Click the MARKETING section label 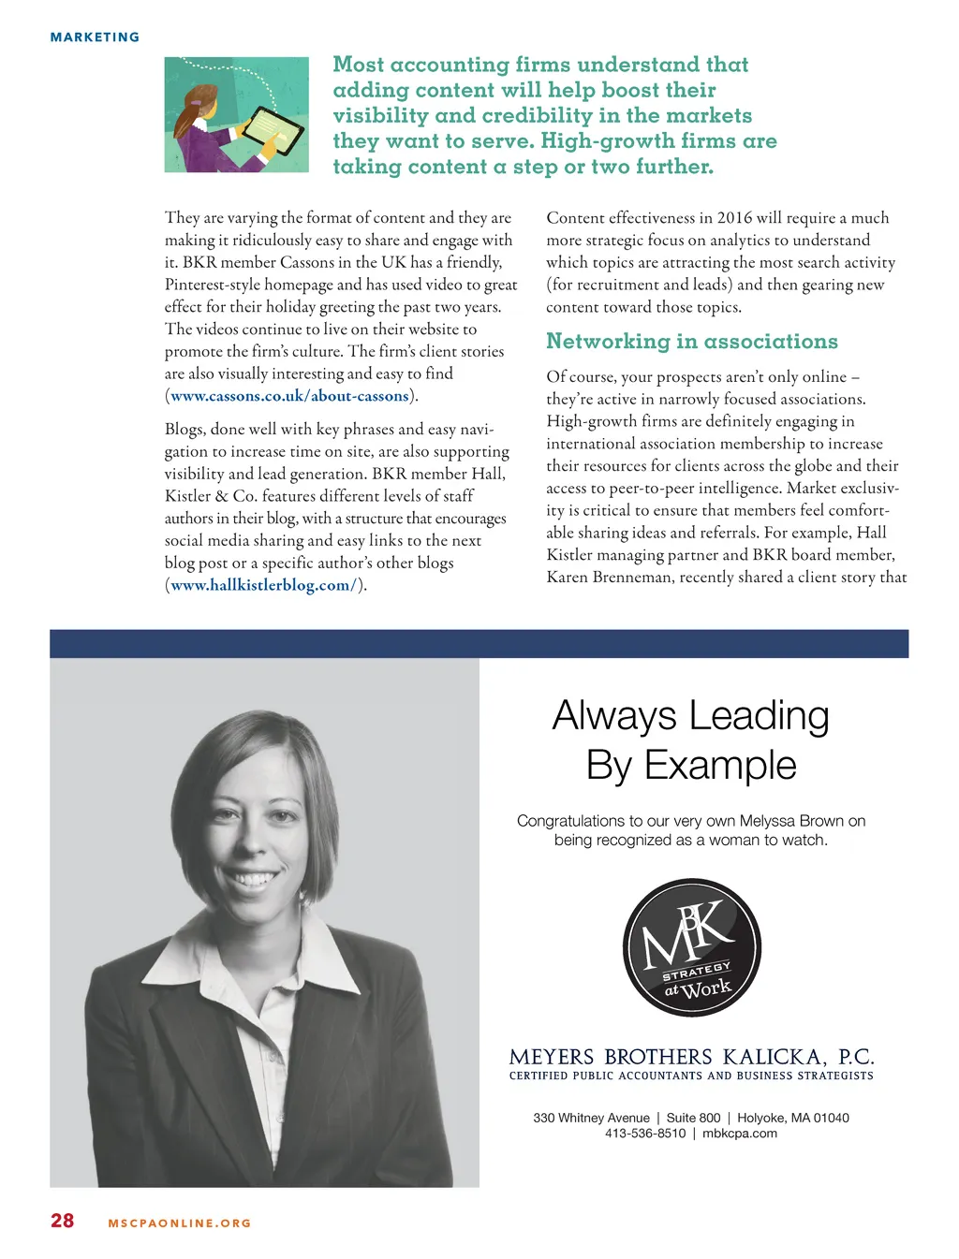click(x=95, y=37)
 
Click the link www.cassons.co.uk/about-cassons click(x=289, y=396)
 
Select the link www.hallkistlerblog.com click(x=260, y=586)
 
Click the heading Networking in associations click(x=692, y=342)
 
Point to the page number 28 click(x=62, y=1221)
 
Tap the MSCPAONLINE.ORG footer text click(x=180, y=1223)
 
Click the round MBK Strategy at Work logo click(x=691, y=947)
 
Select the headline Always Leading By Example click(x=691, y=740)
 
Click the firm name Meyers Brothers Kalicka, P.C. click(x=691, y=1058)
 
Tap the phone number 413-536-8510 click(x=645, y=1134)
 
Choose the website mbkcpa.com click(x=740, y=1134)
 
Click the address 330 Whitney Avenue click(x=591, y=1118)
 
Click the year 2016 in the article click(x=734, y=218)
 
